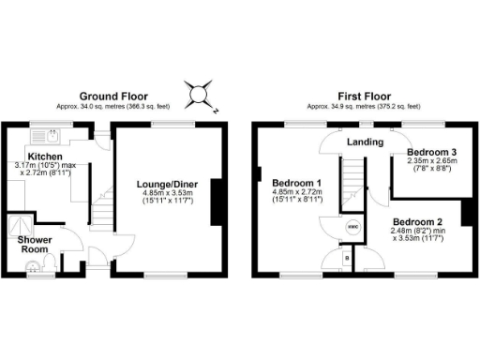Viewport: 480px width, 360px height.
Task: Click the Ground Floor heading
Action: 115,96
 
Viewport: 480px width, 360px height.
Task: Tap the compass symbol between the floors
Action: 200,95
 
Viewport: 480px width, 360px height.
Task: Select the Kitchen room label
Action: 44,156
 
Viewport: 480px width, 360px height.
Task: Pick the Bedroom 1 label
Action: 296,182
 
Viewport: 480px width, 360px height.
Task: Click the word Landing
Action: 364,142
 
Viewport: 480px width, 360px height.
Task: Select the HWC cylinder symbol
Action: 353,228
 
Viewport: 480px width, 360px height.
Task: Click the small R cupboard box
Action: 348,256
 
